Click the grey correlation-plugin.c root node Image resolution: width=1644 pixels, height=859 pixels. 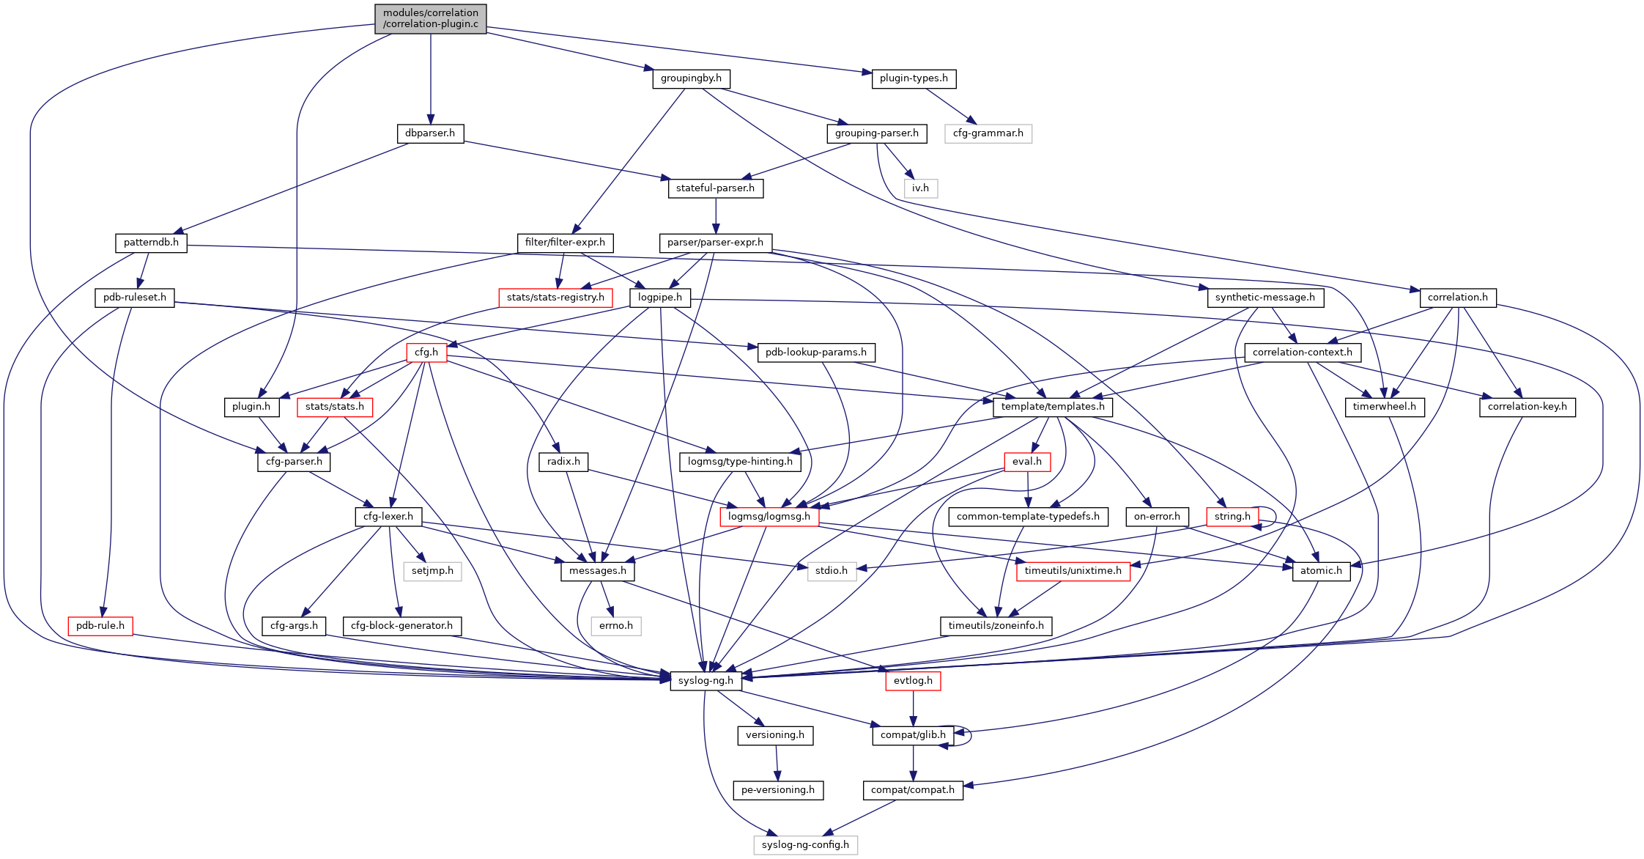point(430,18)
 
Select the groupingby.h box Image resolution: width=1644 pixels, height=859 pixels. point(691,78)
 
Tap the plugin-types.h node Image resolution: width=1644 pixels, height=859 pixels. point(914,78)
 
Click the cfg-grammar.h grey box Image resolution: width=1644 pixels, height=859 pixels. point(988,133)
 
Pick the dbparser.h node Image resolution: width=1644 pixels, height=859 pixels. point(430,133)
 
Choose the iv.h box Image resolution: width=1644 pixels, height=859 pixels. point(920,188)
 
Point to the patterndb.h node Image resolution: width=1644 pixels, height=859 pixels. point(151,243)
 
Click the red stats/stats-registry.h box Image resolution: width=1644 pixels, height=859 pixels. point(555,298)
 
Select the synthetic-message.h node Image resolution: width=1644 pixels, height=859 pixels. point(1265,298)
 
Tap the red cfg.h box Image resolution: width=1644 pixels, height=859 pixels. point(426,353)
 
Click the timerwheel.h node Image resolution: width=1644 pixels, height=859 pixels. point(1384,407)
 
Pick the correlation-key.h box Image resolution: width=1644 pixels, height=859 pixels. point(1527,407)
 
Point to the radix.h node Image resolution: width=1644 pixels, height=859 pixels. point(563,462)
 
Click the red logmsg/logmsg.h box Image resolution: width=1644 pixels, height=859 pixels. point(769,517)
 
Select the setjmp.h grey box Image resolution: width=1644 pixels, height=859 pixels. point(432,571)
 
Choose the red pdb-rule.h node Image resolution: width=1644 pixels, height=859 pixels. point(100,626)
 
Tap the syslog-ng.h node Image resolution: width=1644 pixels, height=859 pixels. point(706,681)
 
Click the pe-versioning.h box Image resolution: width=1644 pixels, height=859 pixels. point(778,790)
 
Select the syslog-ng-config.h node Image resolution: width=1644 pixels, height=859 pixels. point(805,845)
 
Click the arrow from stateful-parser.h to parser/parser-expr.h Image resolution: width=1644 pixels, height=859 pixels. point(716,215)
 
